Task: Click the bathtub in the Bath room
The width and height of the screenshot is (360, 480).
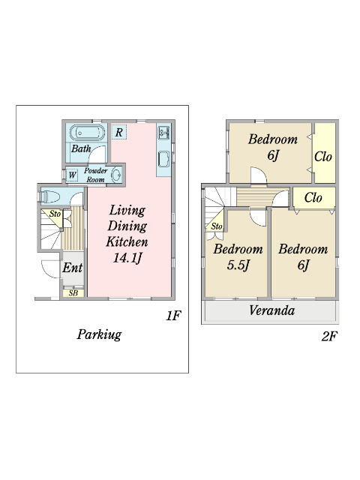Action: click(x=87, y=133)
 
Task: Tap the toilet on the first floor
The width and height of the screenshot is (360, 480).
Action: click(x=49, y=196)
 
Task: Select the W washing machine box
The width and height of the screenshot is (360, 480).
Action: click(x=72, y=175)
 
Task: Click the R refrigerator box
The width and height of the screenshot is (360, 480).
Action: click(x=118, y=132)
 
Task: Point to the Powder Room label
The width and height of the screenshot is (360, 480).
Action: click(x=95, y=175)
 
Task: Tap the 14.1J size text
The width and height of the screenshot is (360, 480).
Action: click(x=127, y=258)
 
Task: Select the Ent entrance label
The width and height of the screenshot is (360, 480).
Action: click(x=73, y=268)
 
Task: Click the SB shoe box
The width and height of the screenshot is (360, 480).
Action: click(x=73, y=293)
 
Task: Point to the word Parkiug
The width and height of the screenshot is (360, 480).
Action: click(x=99, y=334)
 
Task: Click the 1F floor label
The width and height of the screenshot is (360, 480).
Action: click(x=173, y=315)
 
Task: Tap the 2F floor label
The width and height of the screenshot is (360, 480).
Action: click(x=329, y=337)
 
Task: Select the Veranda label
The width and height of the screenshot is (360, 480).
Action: click(x=271, y=310)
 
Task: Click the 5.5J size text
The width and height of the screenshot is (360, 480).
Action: click(x=238, y=265)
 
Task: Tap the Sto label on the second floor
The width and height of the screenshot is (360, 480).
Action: click(x=217, y=226)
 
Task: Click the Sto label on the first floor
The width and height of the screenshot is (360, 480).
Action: click(x=55, y=214)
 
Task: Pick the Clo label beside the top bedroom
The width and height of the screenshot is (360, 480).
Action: click(x=323, y=157)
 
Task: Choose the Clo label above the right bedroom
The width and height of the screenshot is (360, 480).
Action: click(x=313, y=198)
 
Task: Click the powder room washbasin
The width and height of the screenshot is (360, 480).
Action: click(x=116, y=175)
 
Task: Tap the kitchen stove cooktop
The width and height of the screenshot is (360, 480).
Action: click(x=163, y=133)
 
